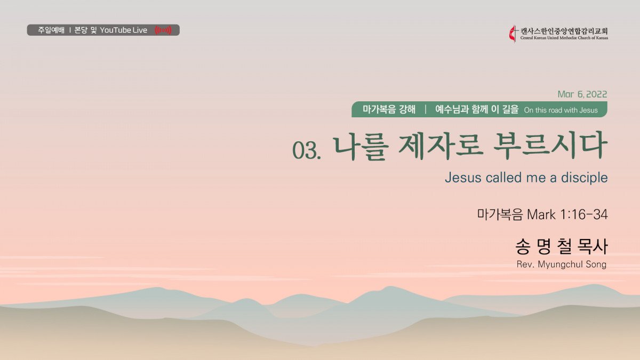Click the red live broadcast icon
coord(163,30)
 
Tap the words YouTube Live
coord(123,30)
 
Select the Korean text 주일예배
coord(51,30)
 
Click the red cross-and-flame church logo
coord(513,34)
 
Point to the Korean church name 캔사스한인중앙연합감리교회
coord(564,31)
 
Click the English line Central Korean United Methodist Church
coord(564,38)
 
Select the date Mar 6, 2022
coord(582,94)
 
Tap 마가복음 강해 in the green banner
coord(389,109)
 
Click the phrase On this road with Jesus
coord(561,110)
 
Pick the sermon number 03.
coord(307,150)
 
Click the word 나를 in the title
coord(361,147)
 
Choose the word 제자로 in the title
coord(440,146)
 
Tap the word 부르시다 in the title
coord(550,146)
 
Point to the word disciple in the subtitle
coord(585,178)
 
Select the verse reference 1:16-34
coord(583,214)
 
